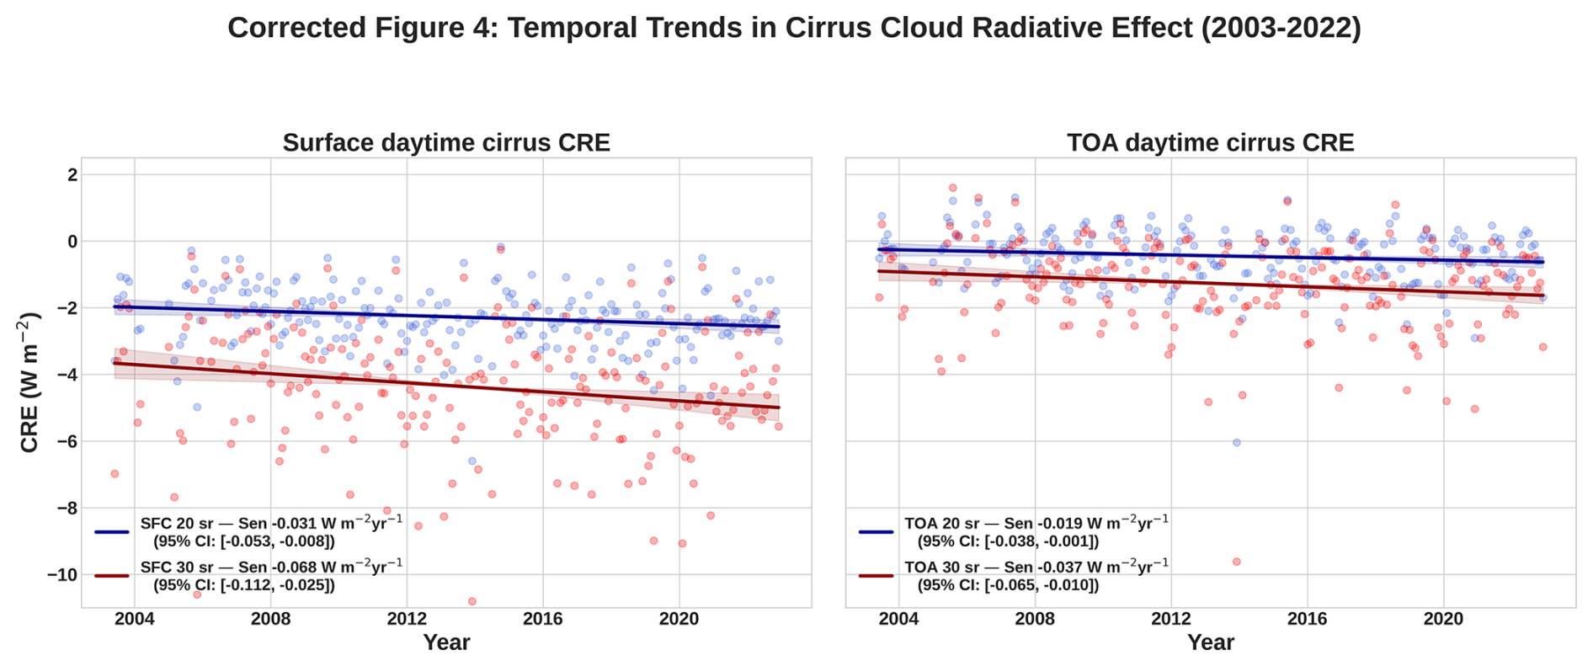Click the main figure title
coord(794,29)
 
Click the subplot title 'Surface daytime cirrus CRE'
coord(446,143)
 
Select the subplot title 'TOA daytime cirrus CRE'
coord(1210,143)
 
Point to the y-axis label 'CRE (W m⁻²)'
coord(30,382)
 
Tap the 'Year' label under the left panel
coord(446,643)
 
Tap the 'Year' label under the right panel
coord(1210,643)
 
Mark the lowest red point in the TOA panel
coord(1236,562)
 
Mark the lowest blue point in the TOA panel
coord(1236,442)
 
